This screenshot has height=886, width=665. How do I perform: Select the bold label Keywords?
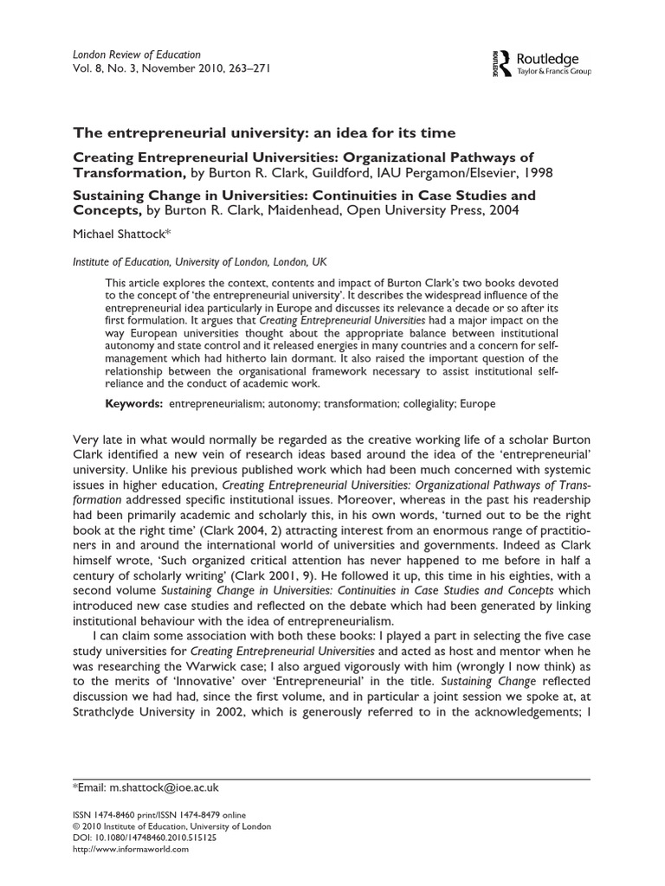click(x=133, y=403)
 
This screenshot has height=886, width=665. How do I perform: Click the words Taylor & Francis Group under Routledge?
click(x=553, y=72)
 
